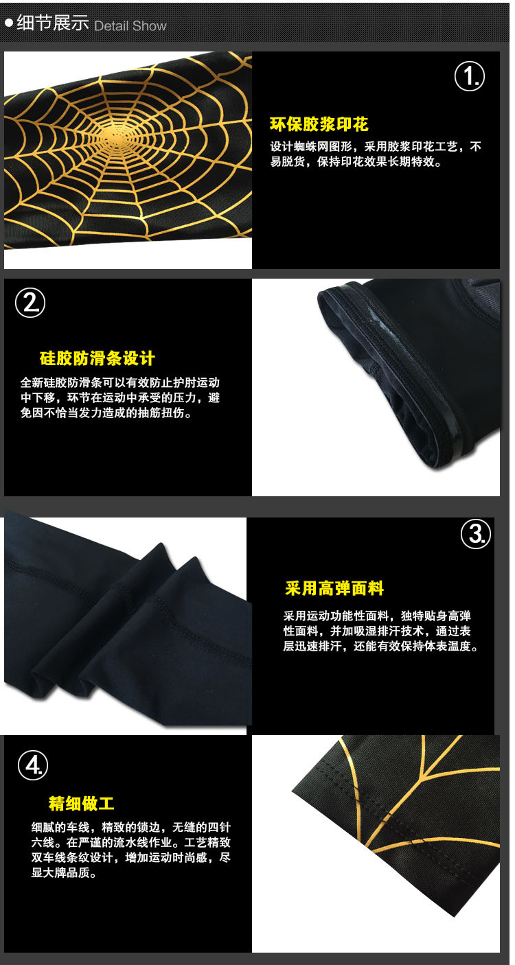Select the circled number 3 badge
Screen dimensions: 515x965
476,534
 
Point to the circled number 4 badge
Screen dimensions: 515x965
33,765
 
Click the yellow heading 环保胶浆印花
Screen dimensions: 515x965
319,124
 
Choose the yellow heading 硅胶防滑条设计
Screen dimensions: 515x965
97,358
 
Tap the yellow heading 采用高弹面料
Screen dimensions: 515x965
334,588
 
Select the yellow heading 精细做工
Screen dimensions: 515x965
82,803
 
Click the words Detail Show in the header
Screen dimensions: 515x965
130,26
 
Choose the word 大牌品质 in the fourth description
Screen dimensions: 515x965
67,873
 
